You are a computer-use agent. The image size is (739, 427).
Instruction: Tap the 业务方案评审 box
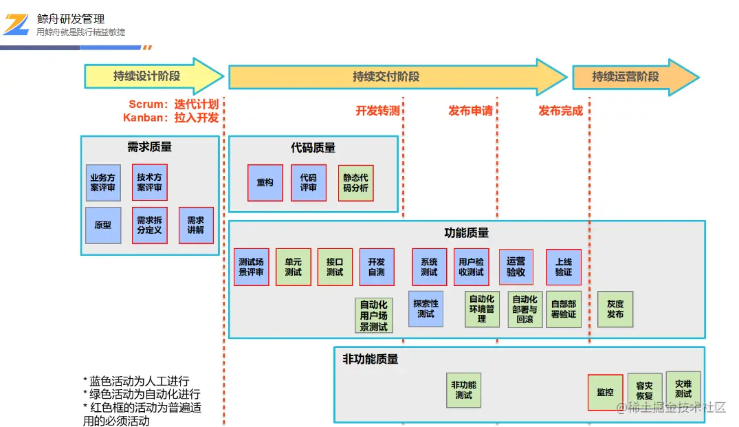pos(103,182)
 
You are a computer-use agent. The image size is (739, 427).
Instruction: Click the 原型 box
pos(103,225)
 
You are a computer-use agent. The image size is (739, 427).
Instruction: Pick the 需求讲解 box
pos(196,225)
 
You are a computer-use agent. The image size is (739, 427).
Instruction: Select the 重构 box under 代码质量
pos(265,182)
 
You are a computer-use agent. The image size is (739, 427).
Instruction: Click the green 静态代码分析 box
pos(355,182)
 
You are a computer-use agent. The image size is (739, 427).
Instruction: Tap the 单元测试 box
pos(294,267)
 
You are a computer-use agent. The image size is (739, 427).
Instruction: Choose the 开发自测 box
pos(377,267)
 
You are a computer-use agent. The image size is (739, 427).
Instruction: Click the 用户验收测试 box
pos(471,267)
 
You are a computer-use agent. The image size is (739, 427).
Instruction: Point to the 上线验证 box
pos(564,267)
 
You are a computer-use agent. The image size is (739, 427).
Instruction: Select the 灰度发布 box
pos(615,309)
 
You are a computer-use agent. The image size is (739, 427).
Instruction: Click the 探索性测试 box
pos(426,309)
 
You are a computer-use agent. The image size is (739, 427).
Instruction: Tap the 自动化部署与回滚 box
pos(525,309)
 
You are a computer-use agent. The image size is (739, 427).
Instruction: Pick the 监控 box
pos(605,392)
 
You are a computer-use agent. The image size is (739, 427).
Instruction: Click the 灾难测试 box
pos(683,389)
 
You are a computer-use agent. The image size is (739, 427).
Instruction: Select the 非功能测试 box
pos(463,390)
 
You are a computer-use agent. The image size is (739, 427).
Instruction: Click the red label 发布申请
pos(471,111)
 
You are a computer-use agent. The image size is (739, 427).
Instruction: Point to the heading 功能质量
pos(467,233)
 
